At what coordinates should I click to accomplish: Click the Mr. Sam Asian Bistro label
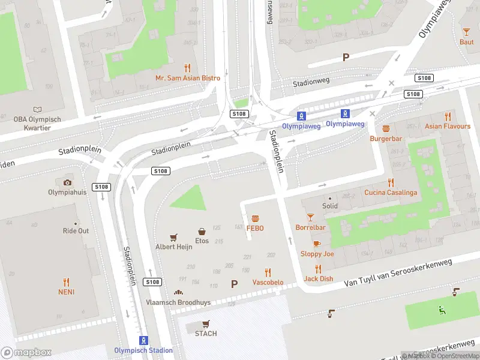pos(187,79)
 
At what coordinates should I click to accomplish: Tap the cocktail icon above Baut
pos(466,32)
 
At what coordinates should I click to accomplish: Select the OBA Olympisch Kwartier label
pos(37,123)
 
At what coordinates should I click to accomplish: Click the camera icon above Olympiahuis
pos(67,182)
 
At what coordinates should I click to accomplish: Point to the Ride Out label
pos(76,231)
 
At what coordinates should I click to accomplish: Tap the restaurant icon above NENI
pos(66,281)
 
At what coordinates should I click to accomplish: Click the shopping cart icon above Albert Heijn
pos(174,237)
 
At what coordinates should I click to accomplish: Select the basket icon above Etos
pos(203,231)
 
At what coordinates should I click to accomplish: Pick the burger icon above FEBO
pos(255,218)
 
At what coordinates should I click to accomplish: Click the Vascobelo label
pos(268,283)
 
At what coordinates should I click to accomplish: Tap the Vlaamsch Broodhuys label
pos(178,303)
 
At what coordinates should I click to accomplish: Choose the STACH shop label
pos(206,334)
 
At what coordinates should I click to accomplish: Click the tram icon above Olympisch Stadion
pos(143,340)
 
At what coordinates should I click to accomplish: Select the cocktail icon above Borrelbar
pos(310,217)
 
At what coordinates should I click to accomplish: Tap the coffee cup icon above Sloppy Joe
pos(317,244)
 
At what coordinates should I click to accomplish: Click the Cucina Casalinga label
pos(391,193)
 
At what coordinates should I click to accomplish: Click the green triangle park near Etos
pos(190,200)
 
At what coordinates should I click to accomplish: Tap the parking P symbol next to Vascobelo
pos(234,284)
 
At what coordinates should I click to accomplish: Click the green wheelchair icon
pos(442,310)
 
